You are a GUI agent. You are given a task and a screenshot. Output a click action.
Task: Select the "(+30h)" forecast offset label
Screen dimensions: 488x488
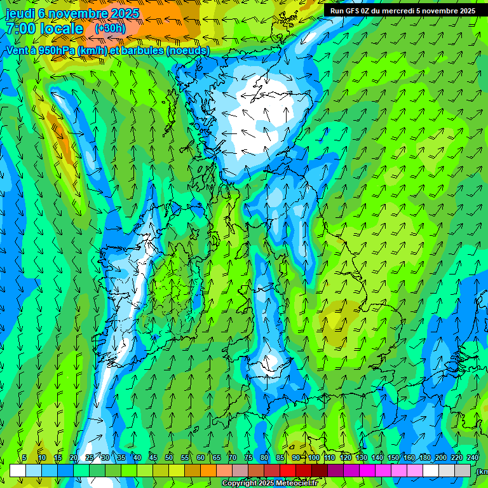pos(110,28)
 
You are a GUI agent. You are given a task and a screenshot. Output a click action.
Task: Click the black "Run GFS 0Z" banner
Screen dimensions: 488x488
pos(402,11)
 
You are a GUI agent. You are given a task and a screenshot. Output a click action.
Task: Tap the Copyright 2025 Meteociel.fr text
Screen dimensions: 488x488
pos(269,484)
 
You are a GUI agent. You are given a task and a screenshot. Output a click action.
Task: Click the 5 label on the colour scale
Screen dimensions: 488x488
pos(24,457)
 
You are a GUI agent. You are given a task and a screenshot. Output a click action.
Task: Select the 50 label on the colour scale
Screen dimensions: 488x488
pos(169,457)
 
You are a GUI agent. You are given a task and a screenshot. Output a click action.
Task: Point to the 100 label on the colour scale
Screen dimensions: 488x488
pos(314,457)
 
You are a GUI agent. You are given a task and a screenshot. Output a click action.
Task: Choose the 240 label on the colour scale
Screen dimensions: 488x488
pos(473,457)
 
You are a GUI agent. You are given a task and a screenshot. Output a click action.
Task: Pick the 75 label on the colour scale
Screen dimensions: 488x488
pos(248,457)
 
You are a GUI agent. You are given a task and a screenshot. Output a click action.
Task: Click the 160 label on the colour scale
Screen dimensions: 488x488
pos(409,457)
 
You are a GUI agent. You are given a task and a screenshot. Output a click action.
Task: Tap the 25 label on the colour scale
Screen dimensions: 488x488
pos(90,457)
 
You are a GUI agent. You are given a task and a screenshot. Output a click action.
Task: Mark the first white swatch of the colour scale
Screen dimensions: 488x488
pos(17,470)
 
